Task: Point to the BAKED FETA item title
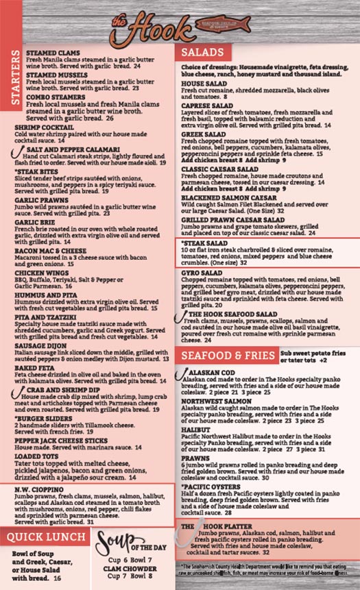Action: click(x=41, y=368)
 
